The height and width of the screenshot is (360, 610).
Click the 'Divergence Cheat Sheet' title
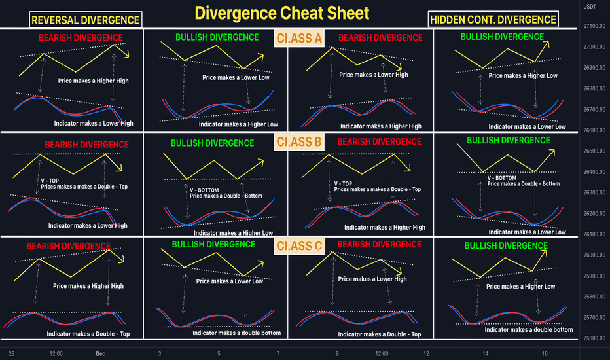[x=281, y=13]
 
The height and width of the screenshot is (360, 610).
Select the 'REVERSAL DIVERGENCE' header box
[x=86, y=20]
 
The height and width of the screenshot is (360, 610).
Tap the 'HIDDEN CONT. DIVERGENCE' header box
[x=493, y=20]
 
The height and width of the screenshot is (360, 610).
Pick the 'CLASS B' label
[x=299, y=141]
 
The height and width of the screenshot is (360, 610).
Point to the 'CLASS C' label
[x=299, y=245]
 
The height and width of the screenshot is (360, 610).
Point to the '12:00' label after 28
[x=56, y=353]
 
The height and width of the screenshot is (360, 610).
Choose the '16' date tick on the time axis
[x=545, y=353]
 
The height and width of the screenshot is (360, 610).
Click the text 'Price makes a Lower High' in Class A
[x=373, y=75]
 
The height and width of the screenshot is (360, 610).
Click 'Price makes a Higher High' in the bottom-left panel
[x=88, y=286]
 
